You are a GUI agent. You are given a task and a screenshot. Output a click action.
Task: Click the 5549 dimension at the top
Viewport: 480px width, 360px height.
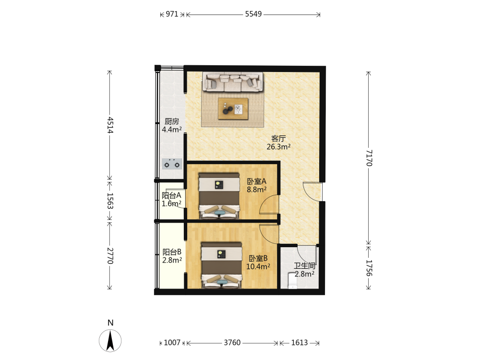pos(253,14)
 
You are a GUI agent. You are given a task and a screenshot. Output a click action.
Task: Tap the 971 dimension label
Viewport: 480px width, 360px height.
pos(172,14)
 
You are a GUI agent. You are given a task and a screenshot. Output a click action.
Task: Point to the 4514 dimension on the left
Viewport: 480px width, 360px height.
pos(110,125)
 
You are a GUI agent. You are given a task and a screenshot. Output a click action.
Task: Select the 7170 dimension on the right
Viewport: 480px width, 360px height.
pos(369,157)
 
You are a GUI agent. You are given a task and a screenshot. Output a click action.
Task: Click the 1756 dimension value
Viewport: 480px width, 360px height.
pos(369,268)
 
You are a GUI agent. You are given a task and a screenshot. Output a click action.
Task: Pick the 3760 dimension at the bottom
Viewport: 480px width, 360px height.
pos(232,343)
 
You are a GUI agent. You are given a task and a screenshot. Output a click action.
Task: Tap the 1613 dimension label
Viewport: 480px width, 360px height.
pos(299,343)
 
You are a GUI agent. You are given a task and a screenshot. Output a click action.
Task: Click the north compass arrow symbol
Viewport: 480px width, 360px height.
pos(110,340)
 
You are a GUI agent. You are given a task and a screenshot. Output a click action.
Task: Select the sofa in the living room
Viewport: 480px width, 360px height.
pos(233,82)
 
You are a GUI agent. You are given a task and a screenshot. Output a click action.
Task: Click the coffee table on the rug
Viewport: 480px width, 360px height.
pos(233,108)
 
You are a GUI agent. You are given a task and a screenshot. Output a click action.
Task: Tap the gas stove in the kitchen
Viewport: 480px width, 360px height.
pos(172,164)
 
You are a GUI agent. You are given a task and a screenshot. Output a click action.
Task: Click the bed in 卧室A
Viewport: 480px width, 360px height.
pos(219,196)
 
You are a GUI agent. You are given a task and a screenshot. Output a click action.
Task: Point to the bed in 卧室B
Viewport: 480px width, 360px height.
pos(221,265)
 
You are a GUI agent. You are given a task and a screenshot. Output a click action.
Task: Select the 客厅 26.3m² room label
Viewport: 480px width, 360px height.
pos(278,143)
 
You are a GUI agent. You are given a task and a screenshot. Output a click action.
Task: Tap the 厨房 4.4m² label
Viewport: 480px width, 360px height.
pos(172,125)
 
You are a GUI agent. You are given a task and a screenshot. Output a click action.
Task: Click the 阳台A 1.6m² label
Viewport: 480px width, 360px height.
pos(171,199)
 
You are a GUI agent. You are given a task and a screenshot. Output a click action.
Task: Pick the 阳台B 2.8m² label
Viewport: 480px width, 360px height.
pos(172,256)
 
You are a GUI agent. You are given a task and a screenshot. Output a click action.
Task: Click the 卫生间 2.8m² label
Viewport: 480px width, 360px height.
pos(305,270)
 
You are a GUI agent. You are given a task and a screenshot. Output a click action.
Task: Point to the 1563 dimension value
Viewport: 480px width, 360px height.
pos(110,201)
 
